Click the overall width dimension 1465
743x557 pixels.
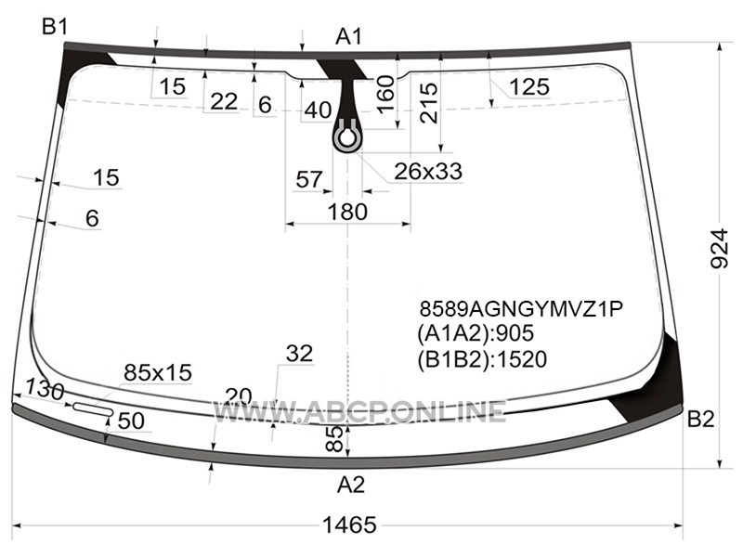click(x=350, y=525)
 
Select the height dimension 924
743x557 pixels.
click(x=720, y=249)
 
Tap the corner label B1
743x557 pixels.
click(x=55, y=27)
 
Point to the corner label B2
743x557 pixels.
click(x=700, y=420)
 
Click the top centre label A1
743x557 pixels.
click(x=349, y=36)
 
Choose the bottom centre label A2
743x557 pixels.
click(x=351, y=485)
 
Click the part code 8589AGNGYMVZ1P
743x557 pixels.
click(x=521, y=309)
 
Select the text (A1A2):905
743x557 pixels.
click(x=476, y=333)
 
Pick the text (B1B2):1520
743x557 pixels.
click(x=482, y=359)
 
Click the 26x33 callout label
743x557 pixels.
click(x=428, y=171)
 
